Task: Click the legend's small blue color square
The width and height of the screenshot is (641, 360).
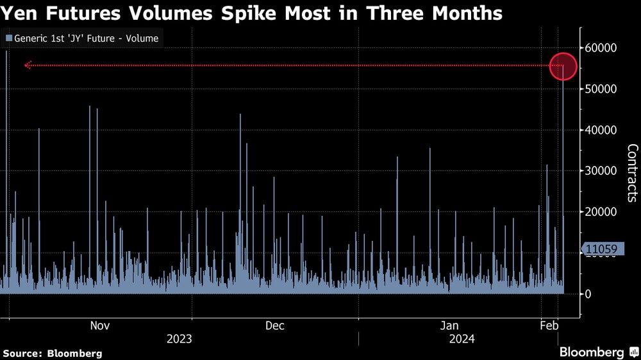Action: [9, 38]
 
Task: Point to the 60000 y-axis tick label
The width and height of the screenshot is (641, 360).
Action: [601, 48]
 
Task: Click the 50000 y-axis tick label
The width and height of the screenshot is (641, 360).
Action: [601, 89]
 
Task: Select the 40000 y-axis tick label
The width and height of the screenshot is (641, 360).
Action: [601, 130]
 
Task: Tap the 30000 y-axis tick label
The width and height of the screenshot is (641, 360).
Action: [601, 171]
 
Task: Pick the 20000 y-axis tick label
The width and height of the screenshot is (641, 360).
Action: [601, 211]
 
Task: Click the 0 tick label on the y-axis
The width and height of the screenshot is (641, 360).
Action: [588, 294]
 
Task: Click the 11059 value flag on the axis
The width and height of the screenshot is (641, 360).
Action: [602, 249]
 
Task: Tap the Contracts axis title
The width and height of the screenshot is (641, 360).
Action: [632, 173]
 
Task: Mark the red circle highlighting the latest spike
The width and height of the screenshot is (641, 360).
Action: [563, 53]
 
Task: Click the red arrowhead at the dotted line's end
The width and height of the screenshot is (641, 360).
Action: [28, 65]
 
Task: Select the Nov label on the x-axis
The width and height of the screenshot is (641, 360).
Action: [100, 325]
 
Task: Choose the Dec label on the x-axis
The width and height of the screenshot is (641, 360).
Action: [275, 325]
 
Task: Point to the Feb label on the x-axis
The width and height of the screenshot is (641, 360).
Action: [549, 325]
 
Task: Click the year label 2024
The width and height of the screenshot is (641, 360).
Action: [462, 339]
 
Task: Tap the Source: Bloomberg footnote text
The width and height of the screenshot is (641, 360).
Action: [53, 354]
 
